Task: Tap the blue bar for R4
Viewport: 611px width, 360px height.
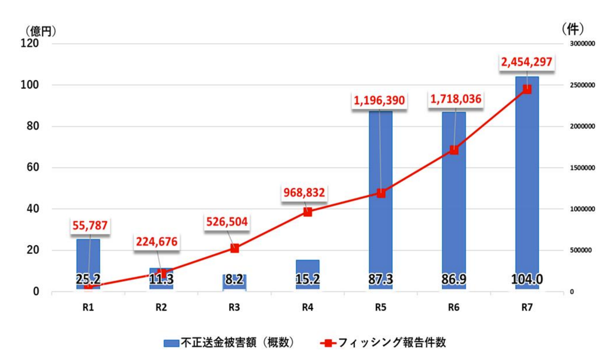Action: (x=307, y=267)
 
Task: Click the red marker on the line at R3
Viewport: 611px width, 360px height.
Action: (x=234, y=248)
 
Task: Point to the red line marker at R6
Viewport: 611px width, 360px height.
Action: (x=454, y=150)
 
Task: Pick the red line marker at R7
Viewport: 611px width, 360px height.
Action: (x=526, y=90)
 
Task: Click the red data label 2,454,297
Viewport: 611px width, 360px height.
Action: (x=526, y=62)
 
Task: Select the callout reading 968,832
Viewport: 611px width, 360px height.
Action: (x=304, y=193)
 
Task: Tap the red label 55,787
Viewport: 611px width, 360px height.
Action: (x=90, y=225)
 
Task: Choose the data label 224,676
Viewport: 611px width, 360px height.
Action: (x=156, y=242)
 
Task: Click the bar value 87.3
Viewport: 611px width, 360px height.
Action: (x=380, y=279)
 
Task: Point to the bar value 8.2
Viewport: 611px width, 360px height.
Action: (x=234, y=279)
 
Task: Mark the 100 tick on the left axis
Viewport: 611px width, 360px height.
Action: (x=30, y=85)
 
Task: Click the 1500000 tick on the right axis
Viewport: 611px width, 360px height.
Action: (x=582, y=168)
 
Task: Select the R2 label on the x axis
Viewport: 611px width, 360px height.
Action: (x=161, y=308)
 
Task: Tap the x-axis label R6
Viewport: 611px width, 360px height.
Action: (x=454, y=308)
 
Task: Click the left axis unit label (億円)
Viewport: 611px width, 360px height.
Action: (x=40, y=31)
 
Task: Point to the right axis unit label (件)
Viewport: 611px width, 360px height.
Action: (x=572, y=29)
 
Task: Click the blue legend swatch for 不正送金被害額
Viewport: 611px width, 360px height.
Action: (x=171, y=343)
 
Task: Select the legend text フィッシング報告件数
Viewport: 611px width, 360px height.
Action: (x=392, y=343)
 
